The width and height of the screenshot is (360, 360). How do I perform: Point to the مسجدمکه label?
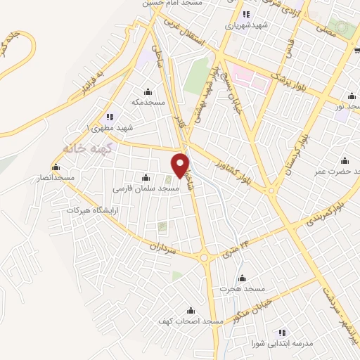pyautogui.click(x=148, y=103)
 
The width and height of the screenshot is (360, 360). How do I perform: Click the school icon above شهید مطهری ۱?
pyautogui.click(x=108, y=117)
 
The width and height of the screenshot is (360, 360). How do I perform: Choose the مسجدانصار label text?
pyautogui.click(x=57, y=179)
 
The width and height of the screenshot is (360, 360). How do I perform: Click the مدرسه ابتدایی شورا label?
pyautogui.click(x=281, y=344)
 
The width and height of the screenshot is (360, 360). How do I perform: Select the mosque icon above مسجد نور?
pyautogui.click(x=352, y=96)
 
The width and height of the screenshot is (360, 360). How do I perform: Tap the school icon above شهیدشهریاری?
pyautogui.click(x=245, y=14)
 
